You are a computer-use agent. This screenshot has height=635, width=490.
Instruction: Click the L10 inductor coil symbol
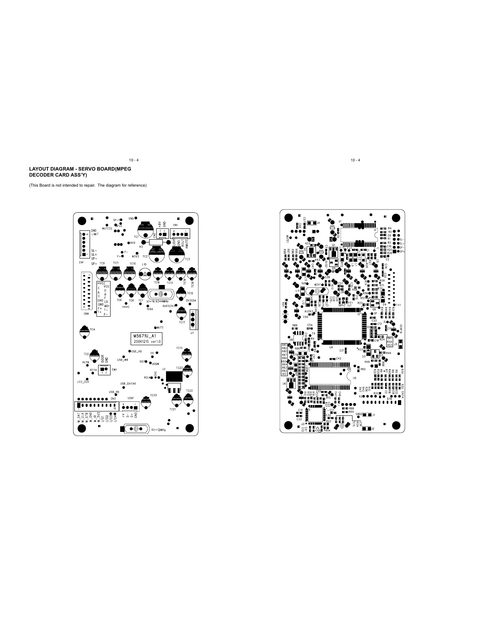pyautogui.click(x=144, y=275)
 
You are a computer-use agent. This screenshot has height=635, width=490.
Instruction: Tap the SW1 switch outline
pyautogui.click(x=104, y=369)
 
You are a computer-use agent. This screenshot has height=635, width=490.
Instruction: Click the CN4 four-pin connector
pyautogui.click(x=181, y=234)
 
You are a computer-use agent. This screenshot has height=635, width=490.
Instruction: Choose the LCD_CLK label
pyautogui.click(x=83, y=382)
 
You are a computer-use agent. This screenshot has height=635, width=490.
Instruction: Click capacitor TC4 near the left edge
pyautogui.click(x=84, y=331)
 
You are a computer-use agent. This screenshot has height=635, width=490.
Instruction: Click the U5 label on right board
pyautogui.click(x=354, y=378)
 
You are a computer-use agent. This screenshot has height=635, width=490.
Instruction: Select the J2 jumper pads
pyautogui.click(x=367, y=429)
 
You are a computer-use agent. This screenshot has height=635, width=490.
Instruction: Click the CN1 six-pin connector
pyautogui.click(x=85, y=244)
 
